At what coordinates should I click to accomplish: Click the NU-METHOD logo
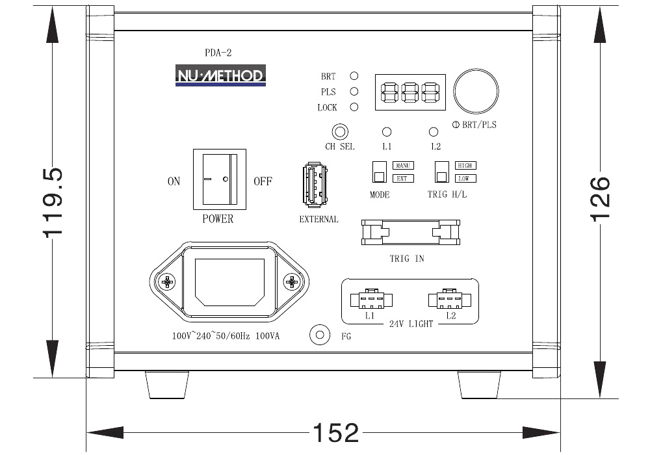tap(220, 75)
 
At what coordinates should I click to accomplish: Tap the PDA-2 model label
tap(218, 53)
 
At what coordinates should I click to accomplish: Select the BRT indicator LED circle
tap(354, 76)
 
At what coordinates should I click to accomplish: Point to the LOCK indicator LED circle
tap(354, 107)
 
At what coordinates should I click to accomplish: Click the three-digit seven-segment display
tap(410, 92)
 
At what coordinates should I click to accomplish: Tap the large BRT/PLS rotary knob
tap(476, 92)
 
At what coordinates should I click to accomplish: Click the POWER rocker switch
tap(220, 179)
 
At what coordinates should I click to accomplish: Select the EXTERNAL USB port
tap(315, 185)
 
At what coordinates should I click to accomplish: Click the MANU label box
tap(403, 165)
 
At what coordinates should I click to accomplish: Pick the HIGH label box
tap(465, 165)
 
